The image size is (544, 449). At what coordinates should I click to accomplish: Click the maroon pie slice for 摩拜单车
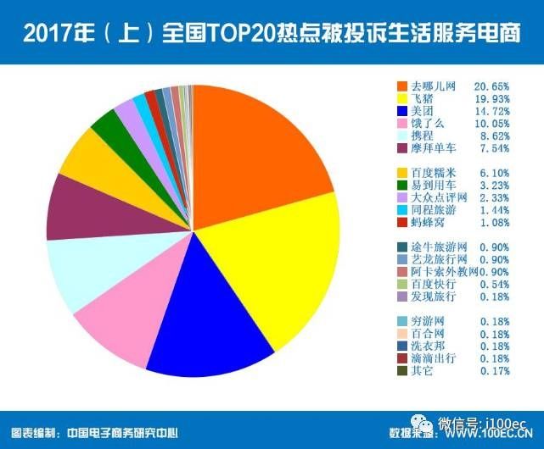click(76, 208)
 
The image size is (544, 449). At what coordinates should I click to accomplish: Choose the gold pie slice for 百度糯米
click(89, 161)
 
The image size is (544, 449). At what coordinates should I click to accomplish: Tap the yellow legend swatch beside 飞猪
click(402, 99)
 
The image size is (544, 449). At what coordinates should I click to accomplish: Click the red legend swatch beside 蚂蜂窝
click(402, 223)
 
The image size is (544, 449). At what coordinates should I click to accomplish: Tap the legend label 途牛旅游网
click(438, 247)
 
